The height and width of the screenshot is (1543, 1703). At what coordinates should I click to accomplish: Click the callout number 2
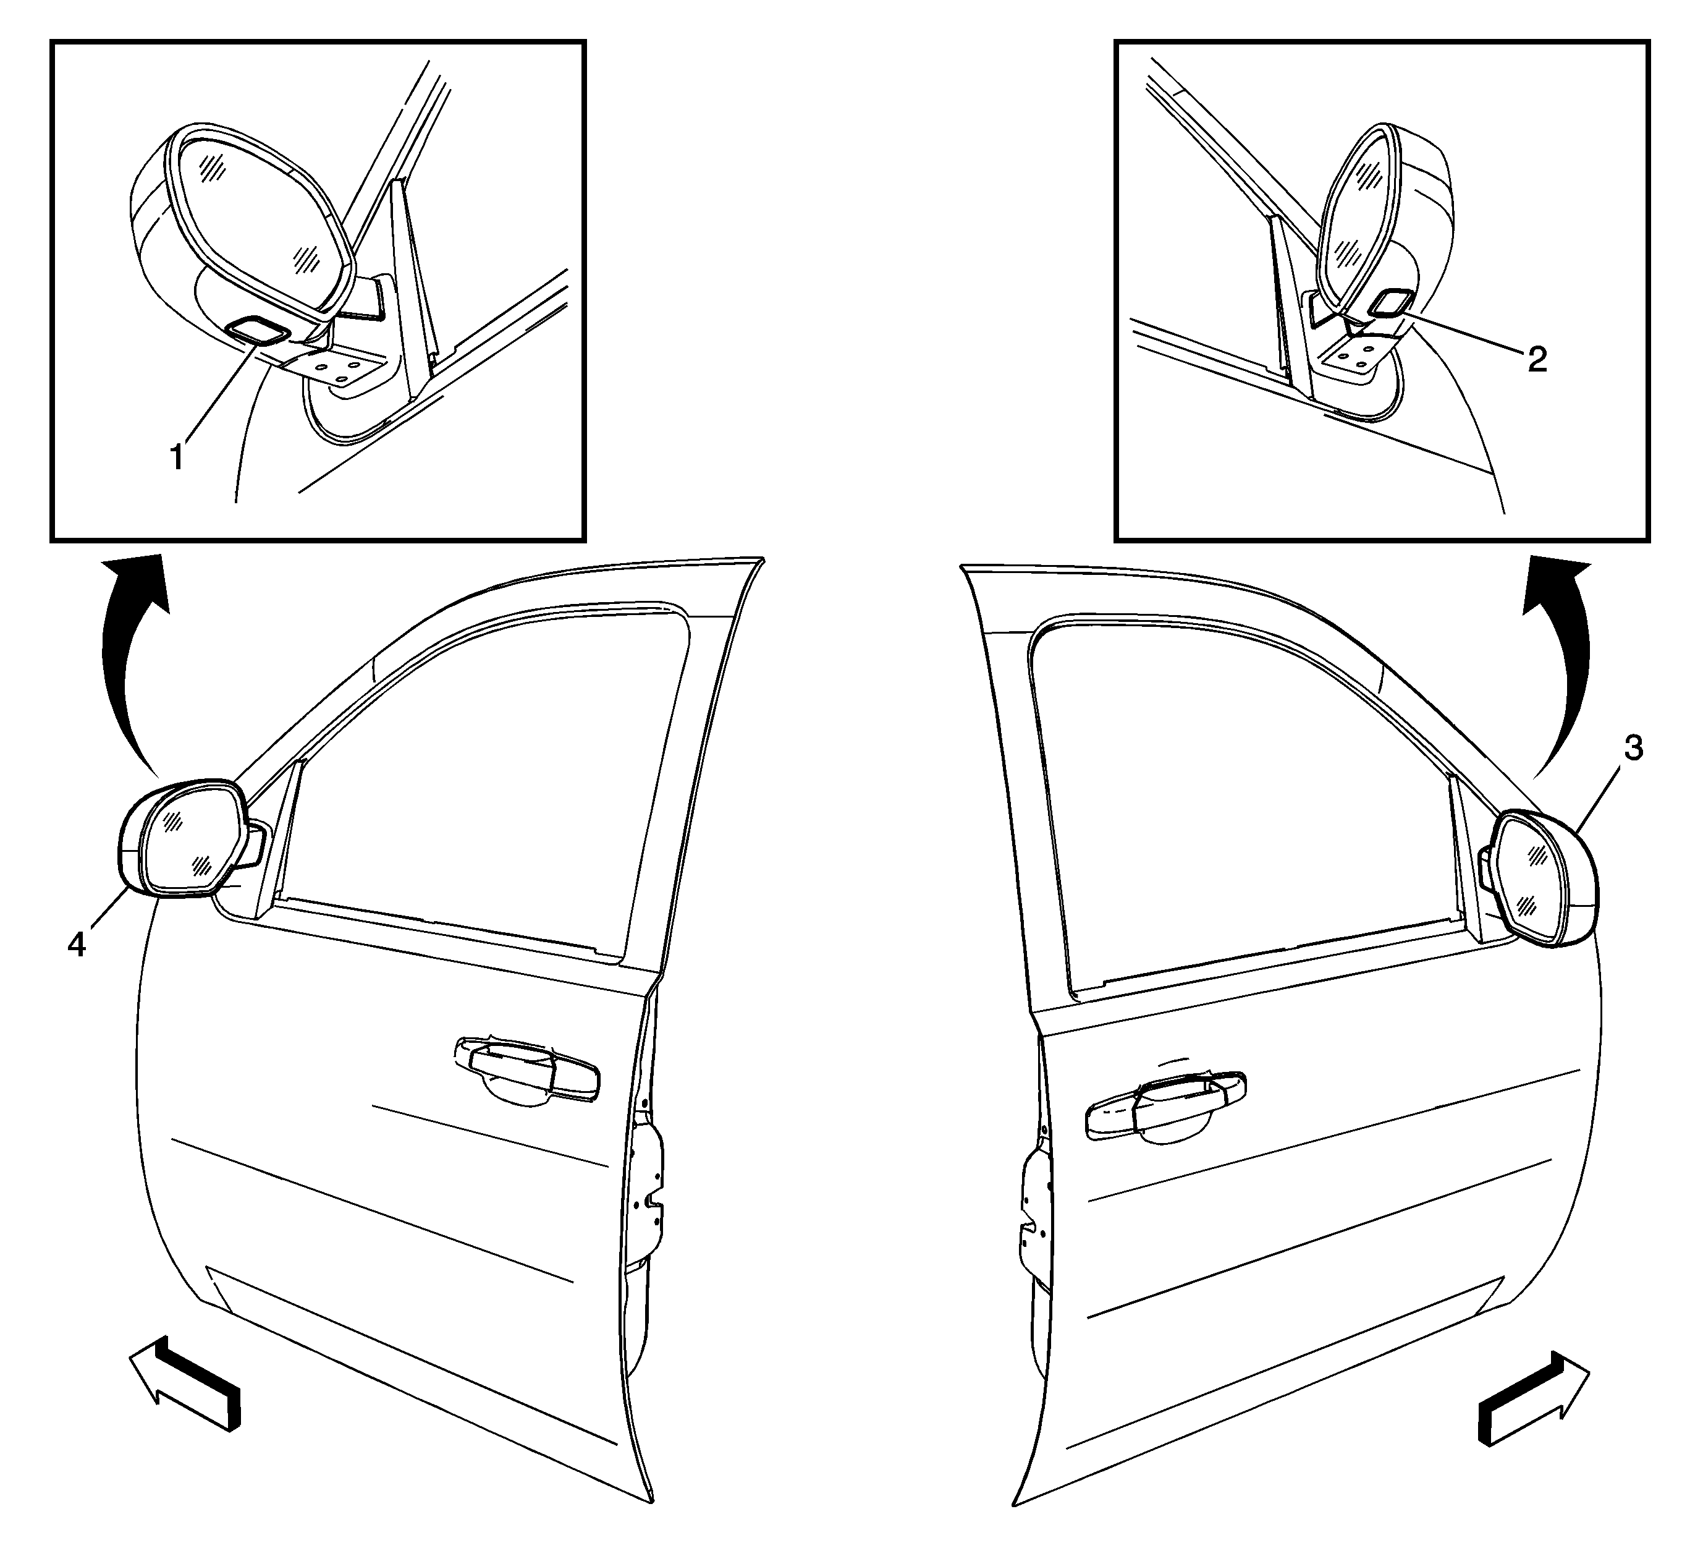click(x=1538, y=359)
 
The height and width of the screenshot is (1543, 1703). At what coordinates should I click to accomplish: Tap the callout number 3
click(x=1633, y=748)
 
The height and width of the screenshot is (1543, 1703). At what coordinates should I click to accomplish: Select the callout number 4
click(x=77, y=944)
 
